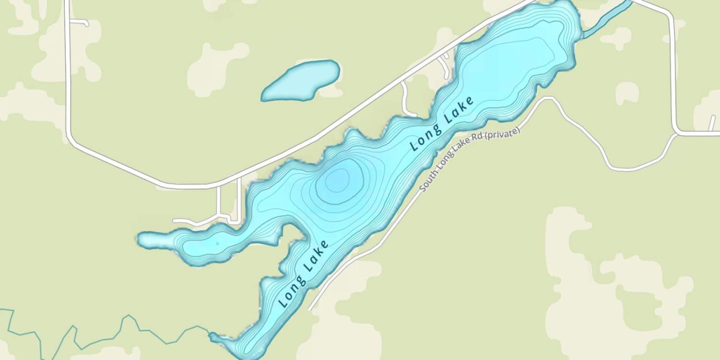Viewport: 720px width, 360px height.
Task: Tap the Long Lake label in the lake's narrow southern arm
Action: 303,274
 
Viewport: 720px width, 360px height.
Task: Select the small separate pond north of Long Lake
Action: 301,81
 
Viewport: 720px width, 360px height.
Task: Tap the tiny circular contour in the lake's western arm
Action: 217,243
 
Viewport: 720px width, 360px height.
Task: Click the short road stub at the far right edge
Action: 713,122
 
